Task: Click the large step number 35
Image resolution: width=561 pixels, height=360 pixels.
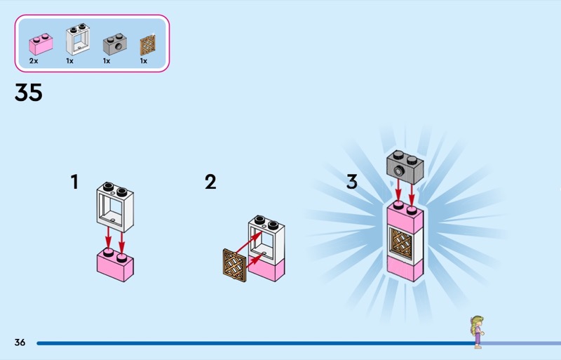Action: pyautogui.click(x=29, y=93)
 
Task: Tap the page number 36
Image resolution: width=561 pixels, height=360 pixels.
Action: pyautogui.click(x=20, y=342)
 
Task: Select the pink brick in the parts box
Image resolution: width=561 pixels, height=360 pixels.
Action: pyautogui.click(x=41, y=44)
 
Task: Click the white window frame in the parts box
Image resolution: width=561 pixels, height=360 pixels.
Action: pyautogui.click(x=78, y=39)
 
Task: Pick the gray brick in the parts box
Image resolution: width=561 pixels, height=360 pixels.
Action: pyautogui.click(x=115, y=44)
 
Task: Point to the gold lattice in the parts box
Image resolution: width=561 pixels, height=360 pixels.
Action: pyautogui.click(x=148, y=46)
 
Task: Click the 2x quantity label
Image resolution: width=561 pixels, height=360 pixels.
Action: pyautogui.click(x=34, y=61)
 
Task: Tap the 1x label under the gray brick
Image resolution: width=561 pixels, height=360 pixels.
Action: pyautogui.click(x=107, y=61)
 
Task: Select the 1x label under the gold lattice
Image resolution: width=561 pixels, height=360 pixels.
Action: pyautogui.click(x=144, y=61)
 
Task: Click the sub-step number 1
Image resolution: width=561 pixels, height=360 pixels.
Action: pyautogui.click(x=74, y=182)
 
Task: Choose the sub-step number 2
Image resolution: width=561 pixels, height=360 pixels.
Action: pyautogui.click(x=210, y=182)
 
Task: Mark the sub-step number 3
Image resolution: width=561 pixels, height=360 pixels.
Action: pyautogui.click(x=352, y=182)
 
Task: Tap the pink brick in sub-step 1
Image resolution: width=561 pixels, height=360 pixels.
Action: pyautogui.click(x=115, y=265)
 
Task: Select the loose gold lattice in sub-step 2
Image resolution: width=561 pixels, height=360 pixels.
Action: pyautogui.click(x=235, y=265)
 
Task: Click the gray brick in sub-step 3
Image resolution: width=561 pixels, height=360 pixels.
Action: pyautogui.click(x=405, y=167)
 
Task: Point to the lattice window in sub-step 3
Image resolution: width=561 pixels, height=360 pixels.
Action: pyautogui.click(x=400, y=243)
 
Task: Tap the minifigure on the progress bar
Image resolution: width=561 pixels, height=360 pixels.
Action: pyautogui.click(x=478, y=332)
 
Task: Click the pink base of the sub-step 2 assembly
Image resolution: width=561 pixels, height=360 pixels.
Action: pyautogui.click(x=266, y=270)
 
